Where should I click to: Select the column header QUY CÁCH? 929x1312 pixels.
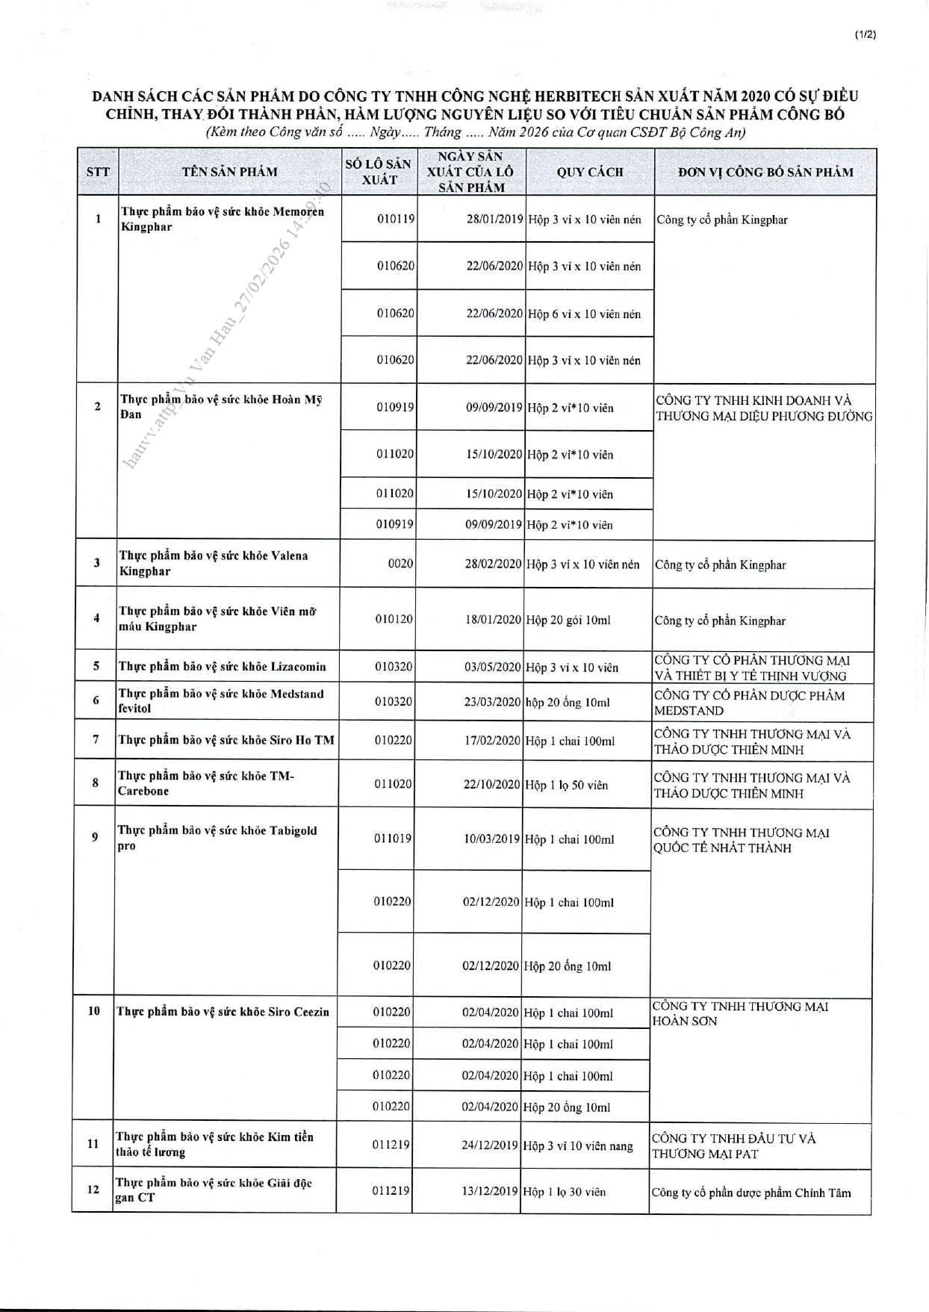click(x=589, y=172)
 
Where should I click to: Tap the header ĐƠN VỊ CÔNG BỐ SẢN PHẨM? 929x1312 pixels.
click(x=765, y=172)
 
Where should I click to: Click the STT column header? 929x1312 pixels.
click(x=98, y=172)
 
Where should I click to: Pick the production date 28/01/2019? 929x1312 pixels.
click(x=494, y=220)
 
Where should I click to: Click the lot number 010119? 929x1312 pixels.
click(x=395, y=220)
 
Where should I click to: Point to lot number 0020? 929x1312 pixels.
click(x=400, y=564)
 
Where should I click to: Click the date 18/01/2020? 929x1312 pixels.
click(x=493, y=620)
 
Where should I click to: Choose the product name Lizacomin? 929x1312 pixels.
click(x=222, y=667)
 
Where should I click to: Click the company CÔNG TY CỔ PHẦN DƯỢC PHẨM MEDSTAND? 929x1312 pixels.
click(x=749, y=703)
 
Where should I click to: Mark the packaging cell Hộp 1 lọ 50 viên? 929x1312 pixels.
click(x=566, y=785)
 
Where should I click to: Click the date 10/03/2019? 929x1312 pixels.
click(x=491, y=839)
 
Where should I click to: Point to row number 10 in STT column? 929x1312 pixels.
click(x=94, y=1011)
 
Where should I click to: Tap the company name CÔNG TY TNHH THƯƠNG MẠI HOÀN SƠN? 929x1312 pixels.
click(x=739, y=1013)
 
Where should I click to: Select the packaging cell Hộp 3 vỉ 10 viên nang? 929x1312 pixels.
click(x=578, y=1145)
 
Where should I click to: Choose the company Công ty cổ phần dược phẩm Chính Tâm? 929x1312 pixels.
click(x=751, y=1193)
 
